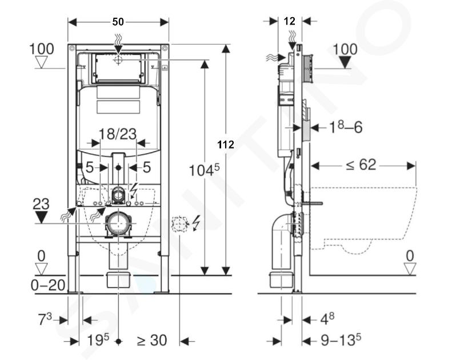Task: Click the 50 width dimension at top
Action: click(118, 22)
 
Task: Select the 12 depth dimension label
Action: click(289, 21)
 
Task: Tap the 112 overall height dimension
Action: click(226, 145)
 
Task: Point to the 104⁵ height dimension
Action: click(204, 170)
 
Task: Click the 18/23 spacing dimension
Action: click(117, 134)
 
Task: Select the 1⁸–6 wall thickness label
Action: click(346, 127)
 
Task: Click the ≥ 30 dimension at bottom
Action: click(151, 340)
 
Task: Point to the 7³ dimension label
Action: click(45, 319)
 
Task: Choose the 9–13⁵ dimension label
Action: click(341, 339)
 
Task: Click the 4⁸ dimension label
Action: click(327, 319)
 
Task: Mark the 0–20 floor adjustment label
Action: click(48, 285)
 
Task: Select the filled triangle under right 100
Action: click(345, 62)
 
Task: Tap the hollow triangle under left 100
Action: click(41, 62)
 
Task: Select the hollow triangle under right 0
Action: click(410, 269)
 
